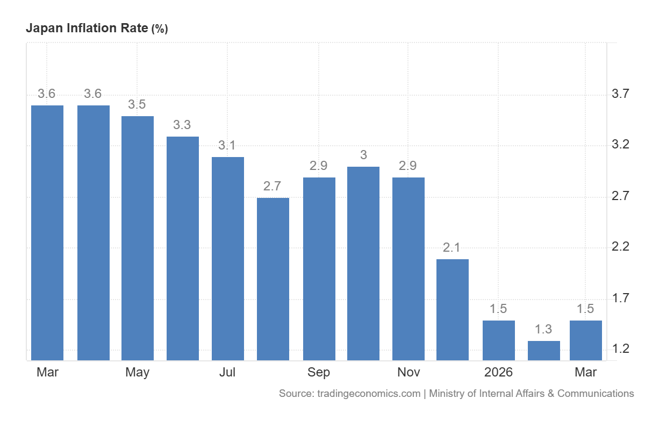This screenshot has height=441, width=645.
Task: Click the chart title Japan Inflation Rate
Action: pos(87,28)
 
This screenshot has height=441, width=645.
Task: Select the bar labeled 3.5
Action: pos(138,238)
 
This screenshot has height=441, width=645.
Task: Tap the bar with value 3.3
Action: pos(183,248)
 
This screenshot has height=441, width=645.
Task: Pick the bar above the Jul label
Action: pos(228,259)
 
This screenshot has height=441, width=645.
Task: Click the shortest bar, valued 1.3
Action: pos(544,351)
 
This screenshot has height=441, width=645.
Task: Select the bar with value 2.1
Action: pos(453,310)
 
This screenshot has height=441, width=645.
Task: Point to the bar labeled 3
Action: pos(363,264)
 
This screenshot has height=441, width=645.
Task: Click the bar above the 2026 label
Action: pos(499,340)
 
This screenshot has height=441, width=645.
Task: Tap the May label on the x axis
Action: pos(138,373)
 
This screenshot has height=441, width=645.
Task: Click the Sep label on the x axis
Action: pos(318,373)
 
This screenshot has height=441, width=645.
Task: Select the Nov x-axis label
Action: pos(408,373)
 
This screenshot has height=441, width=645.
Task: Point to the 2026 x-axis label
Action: pos(498,373)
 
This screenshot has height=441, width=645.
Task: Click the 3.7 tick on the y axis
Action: pos(620,94)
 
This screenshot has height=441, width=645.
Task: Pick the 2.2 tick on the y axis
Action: pos(620,247)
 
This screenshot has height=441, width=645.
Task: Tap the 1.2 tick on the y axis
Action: pos(620,349)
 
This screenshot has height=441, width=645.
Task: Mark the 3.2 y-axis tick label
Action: pos(620,144)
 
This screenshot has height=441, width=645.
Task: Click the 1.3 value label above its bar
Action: pos(543,329)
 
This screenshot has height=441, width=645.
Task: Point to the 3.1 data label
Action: pos(227,145)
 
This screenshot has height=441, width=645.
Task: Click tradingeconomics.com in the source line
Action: pos(369,394)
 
